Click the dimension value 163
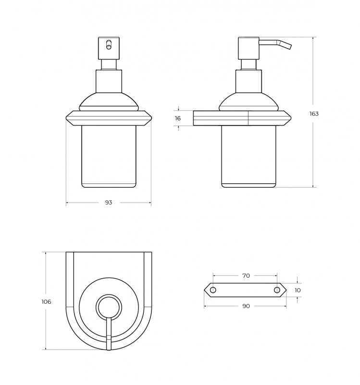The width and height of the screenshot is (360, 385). pos(314,114)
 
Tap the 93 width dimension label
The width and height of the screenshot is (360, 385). pos(109,202)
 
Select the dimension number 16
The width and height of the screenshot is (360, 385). pos(178,118)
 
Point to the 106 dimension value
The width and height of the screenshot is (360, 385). pos(46,302)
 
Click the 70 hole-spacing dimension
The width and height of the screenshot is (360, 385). pos(246,276)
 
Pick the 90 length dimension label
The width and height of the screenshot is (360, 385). pos(246,306)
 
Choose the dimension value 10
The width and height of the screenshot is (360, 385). pos(298,290)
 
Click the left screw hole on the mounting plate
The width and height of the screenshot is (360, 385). pos(213,290)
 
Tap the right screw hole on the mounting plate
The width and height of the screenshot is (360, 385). pos(277,290)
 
